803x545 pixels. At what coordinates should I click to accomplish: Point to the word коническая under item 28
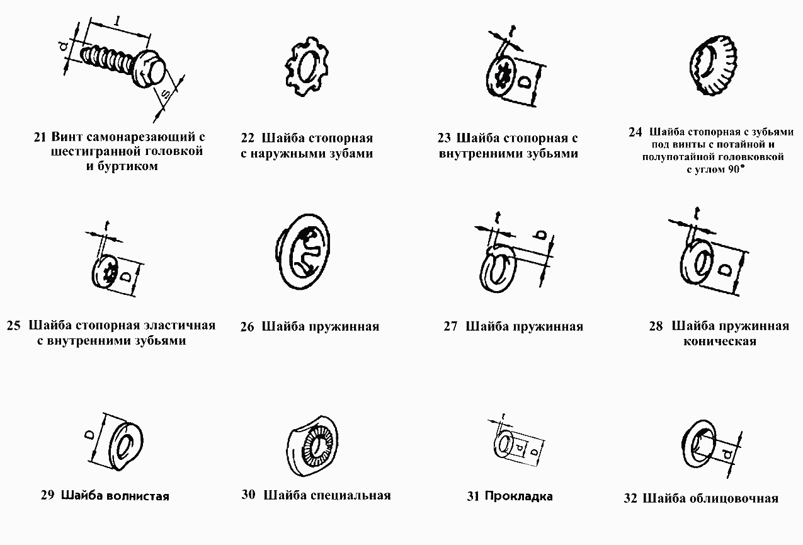point(719,341)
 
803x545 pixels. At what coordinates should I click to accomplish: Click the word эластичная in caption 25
point(178,326)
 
